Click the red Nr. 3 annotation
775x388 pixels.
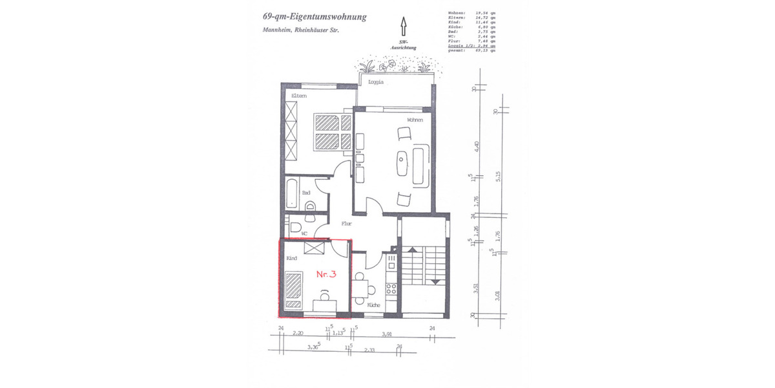point(326,274)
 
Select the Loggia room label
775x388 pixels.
point(375,83)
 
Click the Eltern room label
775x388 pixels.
point(298,96)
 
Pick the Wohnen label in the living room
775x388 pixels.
point(415,120)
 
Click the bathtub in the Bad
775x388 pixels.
point(292,193)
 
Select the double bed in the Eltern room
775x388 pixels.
point(333,132)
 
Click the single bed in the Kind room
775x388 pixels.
point(294,290)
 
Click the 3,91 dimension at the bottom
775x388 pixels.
point(387,334)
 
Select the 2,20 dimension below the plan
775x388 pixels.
point(298,334)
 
